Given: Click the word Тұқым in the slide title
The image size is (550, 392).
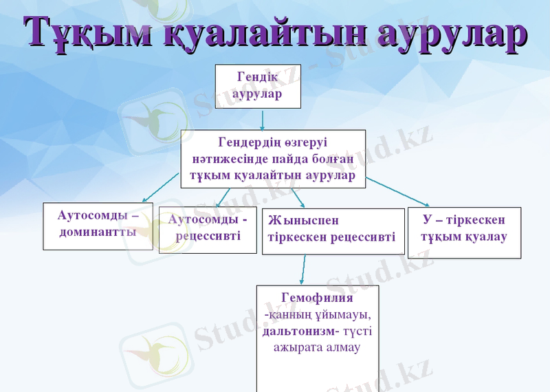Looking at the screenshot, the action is pos(88,32).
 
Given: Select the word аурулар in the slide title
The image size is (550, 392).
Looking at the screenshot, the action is pos(452,33).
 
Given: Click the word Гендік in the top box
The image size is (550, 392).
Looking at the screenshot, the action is pos(258,77).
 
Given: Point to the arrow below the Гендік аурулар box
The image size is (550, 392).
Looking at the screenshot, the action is pos(263,121).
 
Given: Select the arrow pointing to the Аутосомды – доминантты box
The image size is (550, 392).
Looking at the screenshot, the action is pos(160,188).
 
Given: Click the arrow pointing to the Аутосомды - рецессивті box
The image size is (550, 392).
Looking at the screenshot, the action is pos(223,197).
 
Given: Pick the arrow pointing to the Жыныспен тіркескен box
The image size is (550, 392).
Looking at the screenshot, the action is pos(298,198).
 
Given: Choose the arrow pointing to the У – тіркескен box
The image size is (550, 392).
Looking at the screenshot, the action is pos(397,192).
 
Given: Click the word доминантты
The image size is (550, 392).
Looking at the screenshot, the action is pos(98,232).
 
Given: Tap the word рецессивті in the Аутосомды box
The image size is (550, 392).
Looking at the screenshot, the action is pos(208,236).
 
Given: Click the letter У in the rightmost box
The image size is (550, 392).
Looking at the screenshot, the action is pos(427,219).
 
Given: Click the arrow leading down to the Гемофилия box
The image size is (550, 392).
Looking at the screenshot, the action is pos(302,270).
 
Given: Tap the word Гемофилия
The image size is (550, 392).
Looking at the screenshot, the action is pos(317,298).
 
